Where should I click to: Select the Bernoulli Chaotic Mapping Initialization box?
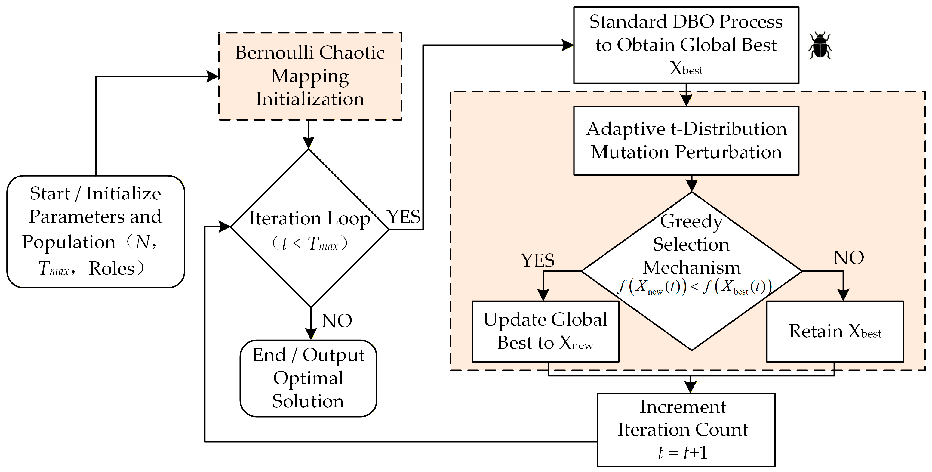coord(310,76)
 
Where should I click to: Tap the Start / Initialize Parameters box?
coord(96,232)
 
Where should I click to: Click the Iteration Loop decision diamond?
coord(310,228)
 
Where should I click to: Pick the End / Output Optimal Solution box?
coord(308,378)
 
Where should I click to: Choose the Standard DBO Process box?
coord(686,45)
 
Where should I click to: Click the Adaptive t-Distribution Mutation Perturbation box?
coord(686,141)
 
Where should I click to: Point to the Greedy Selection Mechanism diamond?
coord(692,271)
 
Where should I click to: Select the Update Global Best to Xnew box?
coord(545,331)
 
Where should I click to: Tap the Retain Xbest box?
coord(835,331)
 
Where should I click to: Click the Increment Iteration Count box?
coord(686,430)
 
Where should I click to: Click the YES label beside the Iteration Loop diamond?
coord(404,217)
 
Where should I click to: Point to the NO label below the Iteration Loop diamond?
coord(337,321)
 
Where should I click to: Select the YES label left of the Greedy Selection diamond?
coord(538,260)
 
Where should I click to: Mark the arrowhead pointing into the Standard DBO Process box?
coord(567,45)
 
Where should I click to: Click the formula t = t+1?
coord(683,452)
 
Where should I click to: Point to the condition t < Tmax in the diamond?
coord(310,243)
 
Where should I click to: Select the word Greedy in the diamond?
coord(691,221)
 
